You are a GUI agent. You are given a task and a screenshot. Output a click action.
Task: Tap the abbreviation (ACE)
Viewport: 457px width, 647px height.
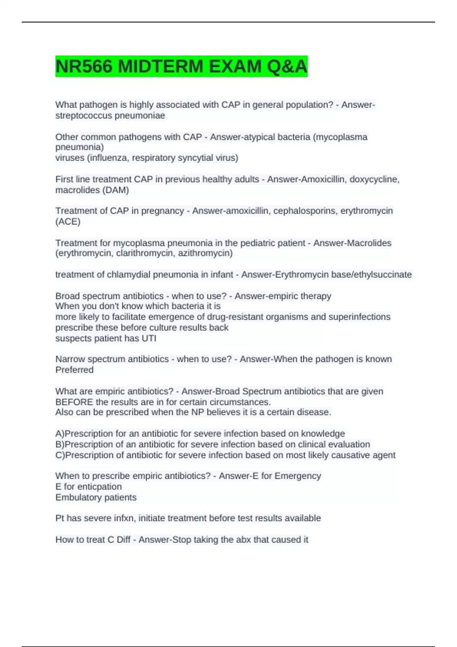pos(68,222)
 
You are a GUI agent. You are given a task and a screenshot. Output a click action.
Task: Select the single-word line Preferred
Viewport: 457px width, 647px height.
pos(74,370)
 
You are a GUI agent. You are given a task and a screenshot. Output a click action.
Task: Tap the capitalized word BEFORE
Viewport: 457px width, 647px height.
pos(74,402)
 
